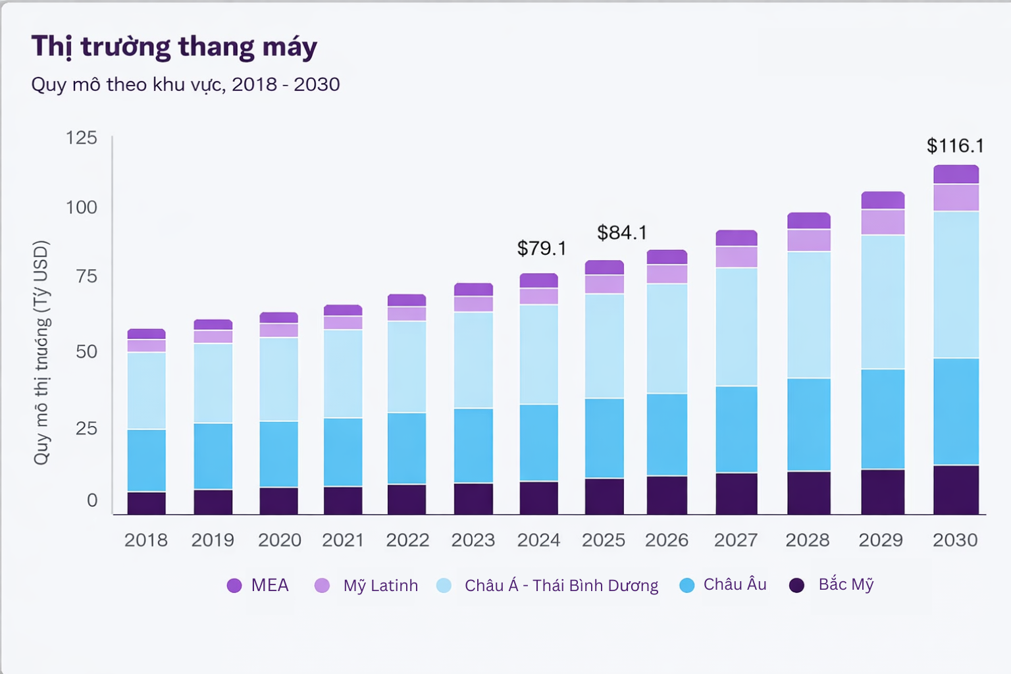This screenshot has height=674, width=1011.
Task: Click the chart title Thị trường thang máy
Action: (x=174, y=47)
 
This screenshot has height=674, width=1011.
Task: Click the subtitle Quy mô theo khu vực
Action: (x=185, y=84)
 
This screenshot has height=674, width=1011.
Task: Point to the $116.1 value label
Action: (x=954, y=145)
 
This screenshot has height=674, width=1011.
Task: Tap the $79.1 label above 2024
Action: (x=541, y=248)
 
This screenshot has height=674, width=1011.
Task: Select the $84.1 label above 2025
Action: (x=621, y=232)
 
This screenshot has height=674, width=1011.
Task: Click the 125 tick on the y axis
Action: (x=81, y=138)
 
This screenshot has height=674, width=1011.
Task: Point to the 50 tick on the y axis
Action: (x=86, y=351)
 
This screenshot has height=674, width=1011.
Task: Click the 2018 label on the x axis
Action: (x=145, y=540)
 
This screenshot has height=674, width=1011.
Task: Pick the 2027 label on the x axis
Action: (x=735, y=540)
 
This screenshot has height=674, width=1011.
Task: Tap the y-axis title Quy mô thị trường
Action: (x=41, y=352)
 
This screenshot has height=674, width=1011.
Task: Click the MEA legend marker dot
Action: (x=234, y=586)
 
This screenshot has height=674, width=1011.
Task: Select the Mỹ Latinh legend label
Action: (x=380, y=586)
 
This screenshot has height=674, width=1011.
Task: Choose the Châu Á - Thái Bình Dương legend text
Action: (x=561, y=586)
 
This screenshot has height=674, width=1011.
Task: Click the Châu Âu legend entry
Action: (x=735, y=584)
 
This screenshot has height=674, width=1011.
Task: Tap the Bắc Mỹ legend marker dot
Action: (x=796, y=586)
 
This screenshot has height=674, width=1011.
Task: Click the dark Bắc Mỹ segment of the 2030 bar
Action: (x=956, y=490)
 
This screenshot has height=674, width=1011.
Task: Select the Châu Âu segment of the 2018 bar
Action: (x=146, y=460)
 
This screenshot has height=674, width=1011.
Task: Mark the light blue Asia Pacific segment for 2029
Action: (x=883, y=301)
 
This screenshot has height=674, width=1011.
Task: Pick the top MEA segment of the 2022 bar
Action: (x=406, y=300)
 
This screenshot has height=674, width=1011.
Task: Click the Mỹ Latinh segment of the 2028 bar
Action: (x=808, y=240)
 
